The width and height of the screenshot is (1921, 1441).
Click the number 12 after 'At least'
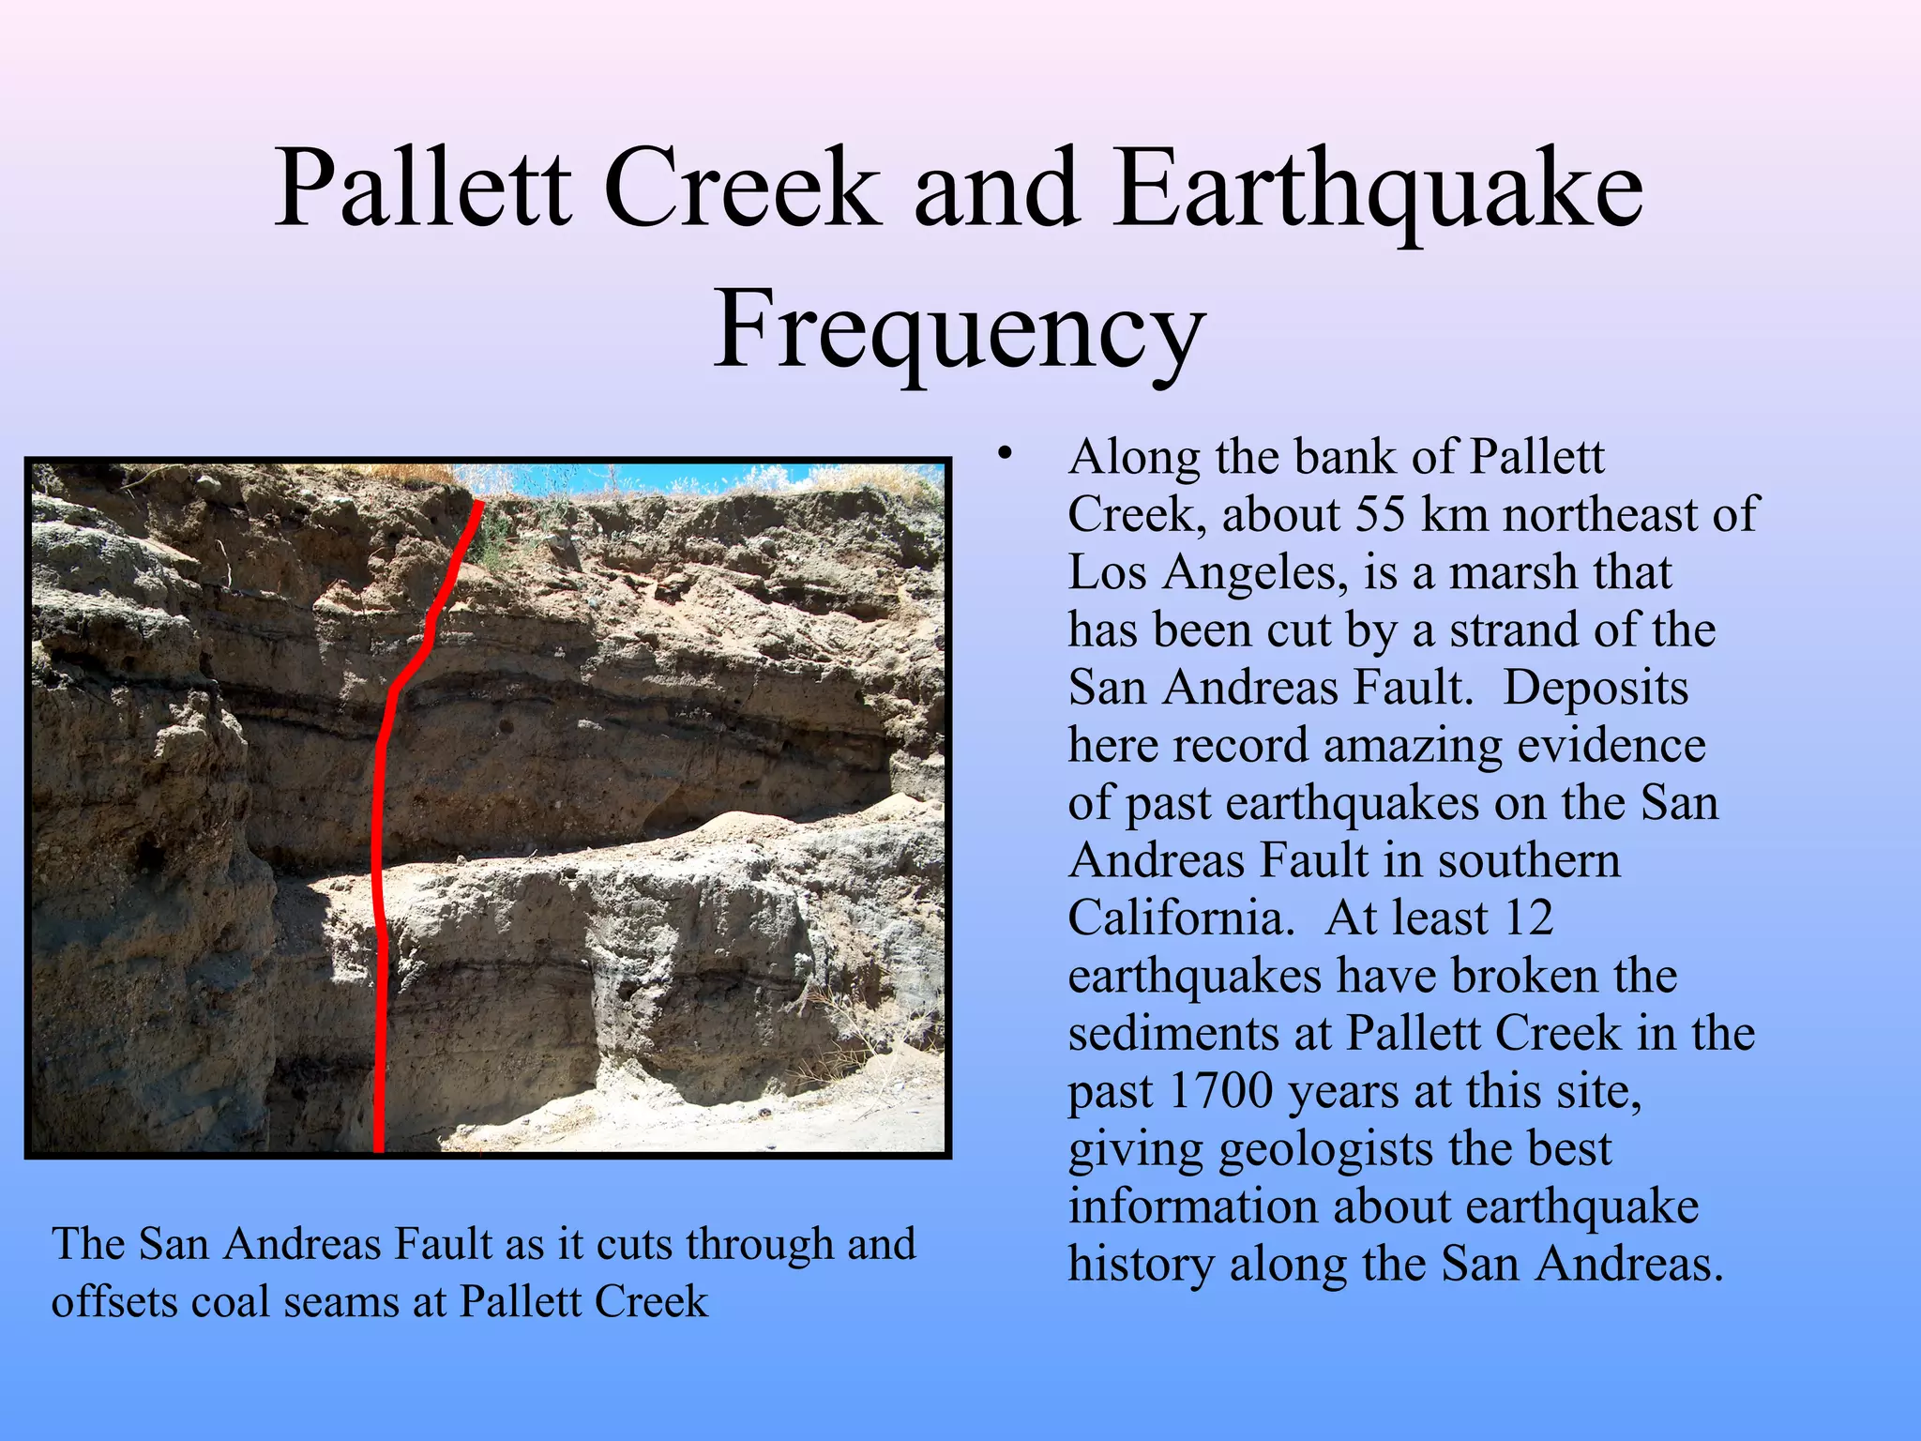click(1528, 918)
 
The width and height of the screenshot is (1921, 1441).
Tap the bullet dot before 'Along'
click(1006, 455)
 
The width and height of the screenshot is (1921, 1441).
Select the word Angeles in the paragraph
click(1256, 572)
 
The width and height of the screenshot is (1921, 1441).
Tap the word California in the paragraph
click(1181, 918)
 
